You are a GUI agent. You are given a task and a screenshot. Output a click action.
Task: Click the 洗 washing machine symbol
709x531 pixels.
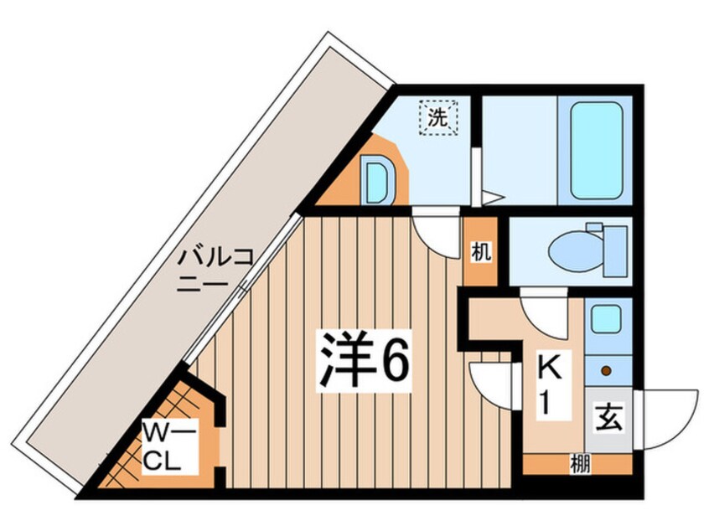click(438, 117)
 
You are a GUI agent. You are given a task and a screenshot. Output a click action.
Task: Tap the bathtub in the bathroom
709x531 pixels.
click(596, 152)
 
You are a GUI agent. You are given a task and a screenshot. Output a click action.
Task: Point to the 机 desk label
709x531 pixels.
click(479, 250)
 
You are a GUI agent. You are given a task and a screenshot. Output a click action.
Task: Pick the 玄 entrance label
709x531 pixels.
click(609, 416)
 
